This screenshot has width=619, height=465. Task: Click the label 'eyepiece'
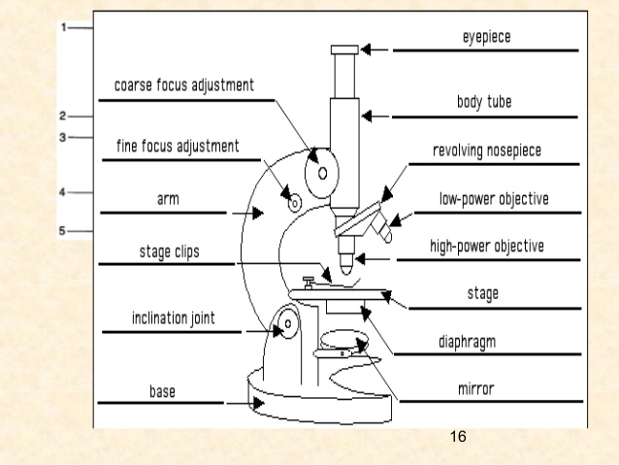(x=486, y=37)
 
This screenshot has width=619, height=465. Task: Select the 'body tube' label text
(x=487, y=102)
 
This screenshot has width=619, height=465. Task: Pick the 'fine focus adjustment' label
(x=177, y=146)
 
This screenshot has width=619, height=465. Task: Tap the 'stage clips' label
(x=170, y=250)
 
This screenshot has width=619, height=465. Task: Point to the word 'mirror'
(x=477, y=389)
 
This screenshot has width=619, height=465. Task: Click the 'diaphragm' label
(x=481, y=342)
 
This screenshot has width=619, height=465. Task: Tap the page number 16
(x=459, y=439)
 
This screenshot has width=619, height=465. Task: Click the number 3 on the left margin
(x=61, y=137)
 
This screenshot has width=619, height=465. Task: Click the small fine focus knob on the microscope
(x=296, y=201)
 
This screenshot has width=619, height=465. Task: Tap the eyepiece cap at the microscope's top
(x=344, y=50)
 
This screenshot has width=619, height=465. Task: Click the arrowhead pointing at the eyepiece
(x=369, y=50)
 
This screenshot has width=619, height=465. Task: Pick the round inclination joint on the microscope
(x=284, y=325)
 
